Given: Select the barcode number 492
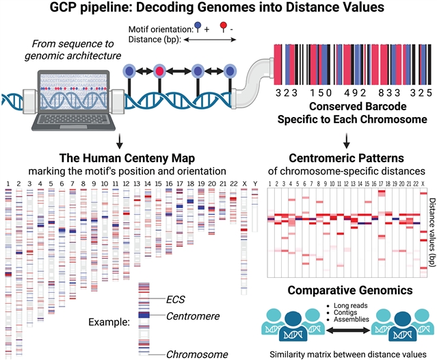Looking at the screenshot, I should click(x=344, y=91).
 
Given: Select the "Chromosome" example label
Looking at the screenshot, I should click(x=197, y=354).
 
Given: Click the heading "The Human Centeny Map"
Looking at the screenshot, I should click(x=120, y=156).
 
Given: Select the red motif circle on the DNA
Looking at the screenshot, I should click(x=159, y=70).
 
